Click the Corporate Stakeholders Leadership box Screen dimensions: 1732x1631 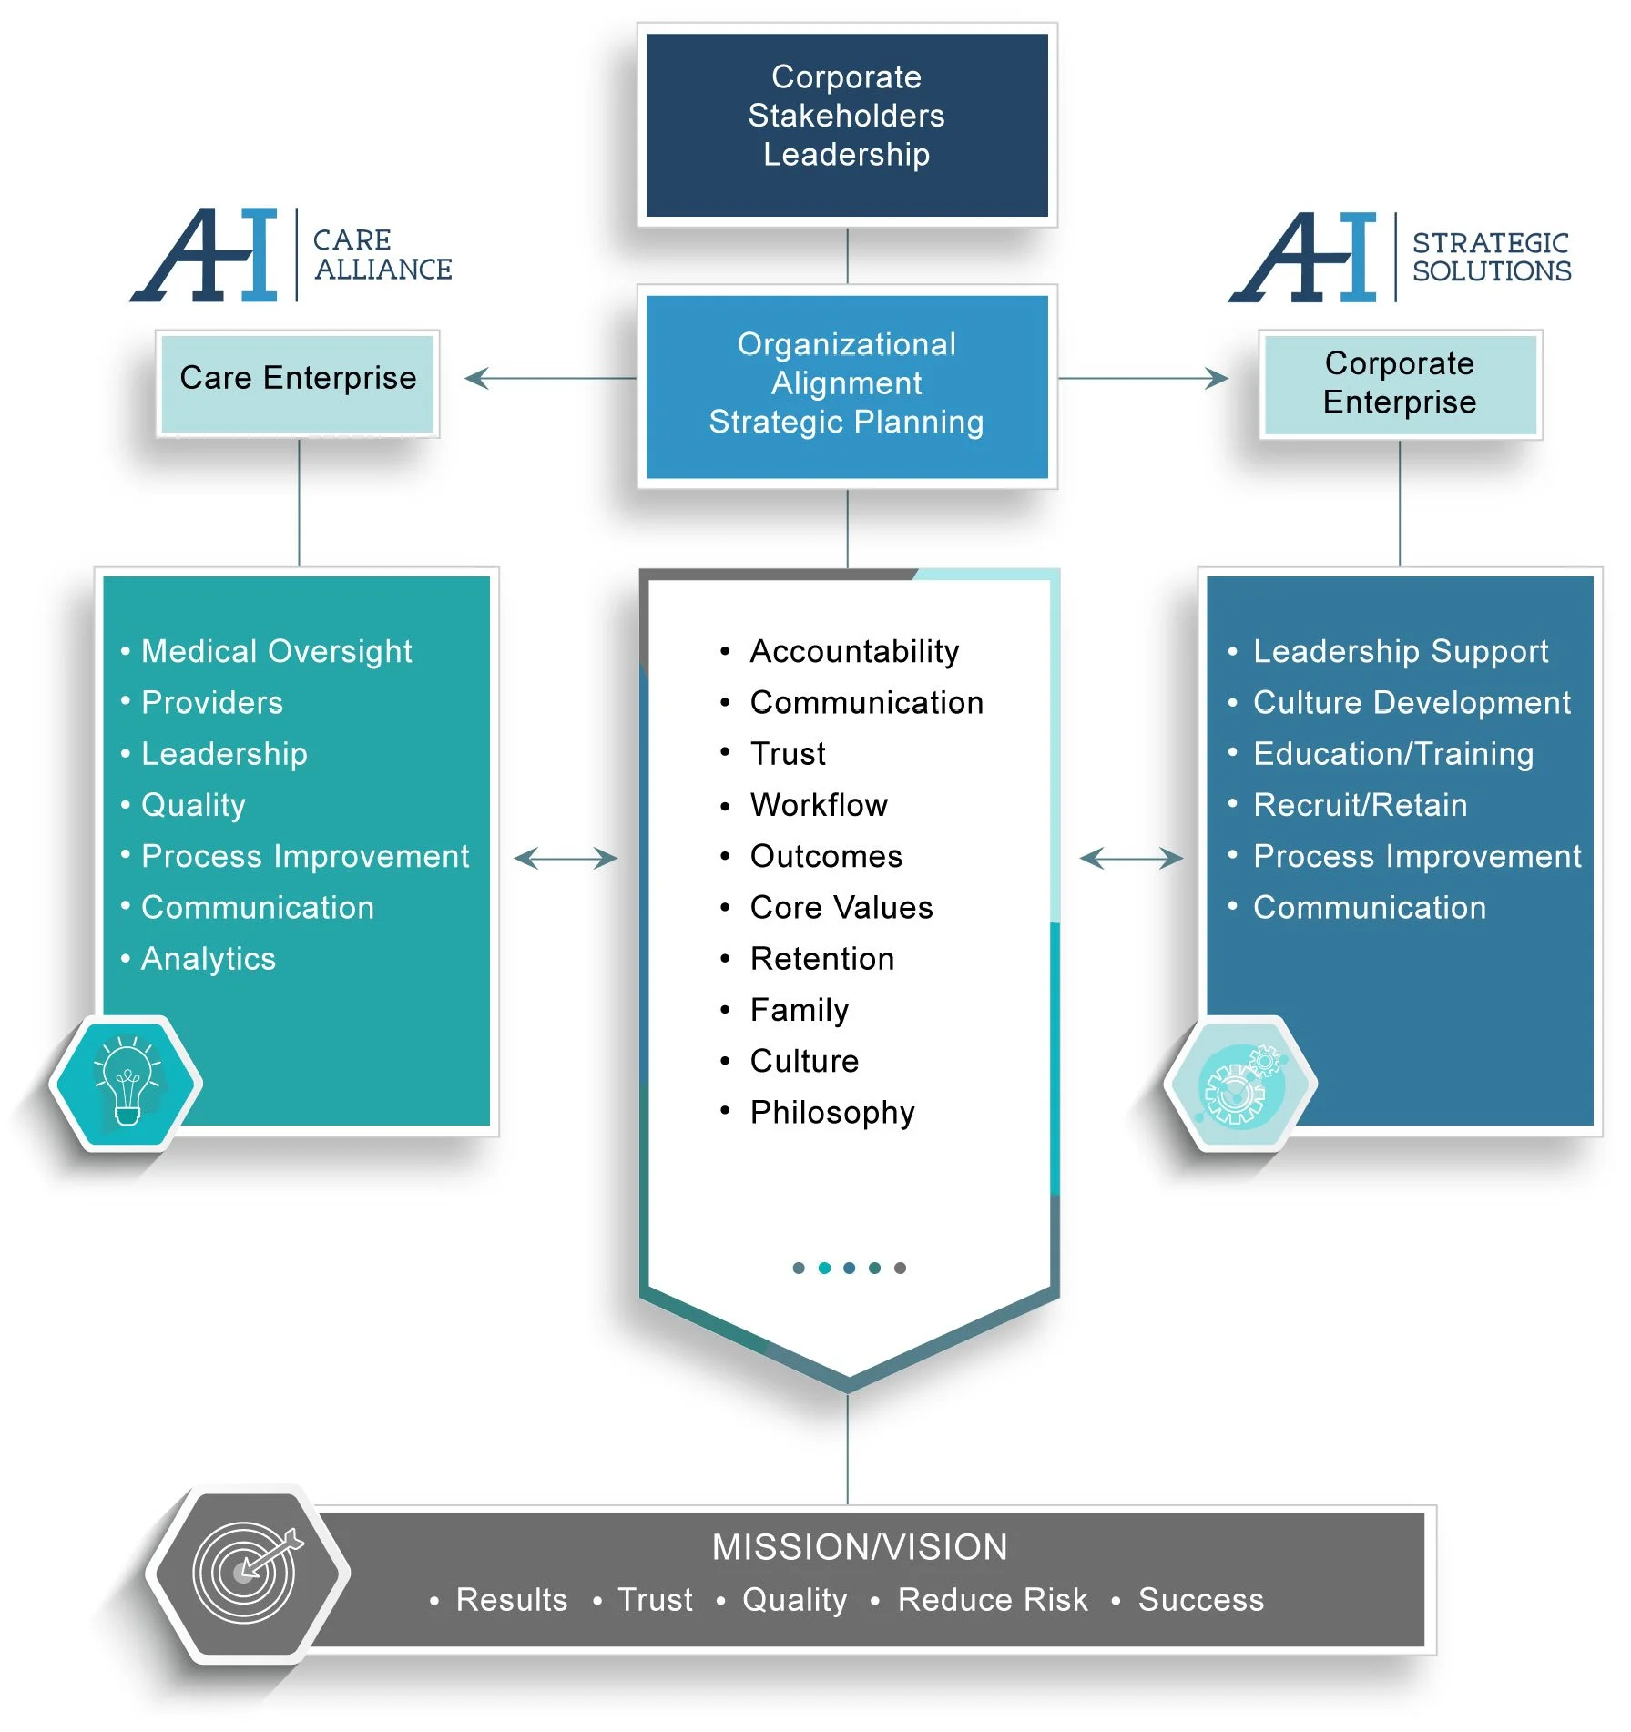click(x=846, y=125)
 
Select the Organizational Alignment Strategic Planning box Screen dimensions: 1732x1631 click(x=846, y=384)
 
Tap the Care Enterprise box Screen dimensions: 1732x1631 click(x=298, y=379)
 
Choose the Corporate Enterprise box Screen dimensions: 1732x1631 click(x=1399, y=383)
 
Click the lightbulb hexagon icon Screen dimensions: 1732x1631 click(x=127, y=1084)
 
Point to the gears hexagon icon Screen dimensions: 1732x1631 click(x=1239, y=1084)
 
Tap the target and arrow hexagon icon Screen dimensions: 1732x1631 click(x=247, y=1573)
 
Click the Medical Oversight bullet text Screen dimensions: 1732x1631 click(x=276, y=651)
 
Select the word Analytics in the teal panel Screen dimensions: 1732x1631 click(x=208, y=959)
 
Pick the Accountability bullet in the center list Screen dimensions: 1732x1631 click(x=854, y=651)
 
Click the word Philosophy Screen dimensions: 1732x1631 click(x=832, y=1113)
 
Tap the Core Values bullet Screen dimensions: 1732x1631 click(x=841, y=908)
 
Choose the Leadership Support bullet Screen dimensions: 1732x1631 click(x=1400, y=651)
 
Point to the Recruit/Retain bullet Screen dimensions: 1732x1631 click(x=1360, y=805)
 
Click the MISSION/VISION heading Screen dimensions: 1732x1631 click(x=860, y=1547)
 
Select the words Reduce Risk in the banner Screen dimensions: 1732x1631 click(x=993, y=1600)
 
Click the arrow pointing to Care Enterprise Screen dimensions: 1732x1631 click(x=479, y=378)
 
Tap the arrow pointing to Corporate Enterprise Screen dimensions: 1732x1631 click(x=1215, y=378)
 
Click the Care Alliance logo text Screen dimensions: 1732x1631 click(x=382, y=254)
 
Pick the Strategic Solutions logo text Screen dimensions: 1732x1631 click(x=1491, y=257)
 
